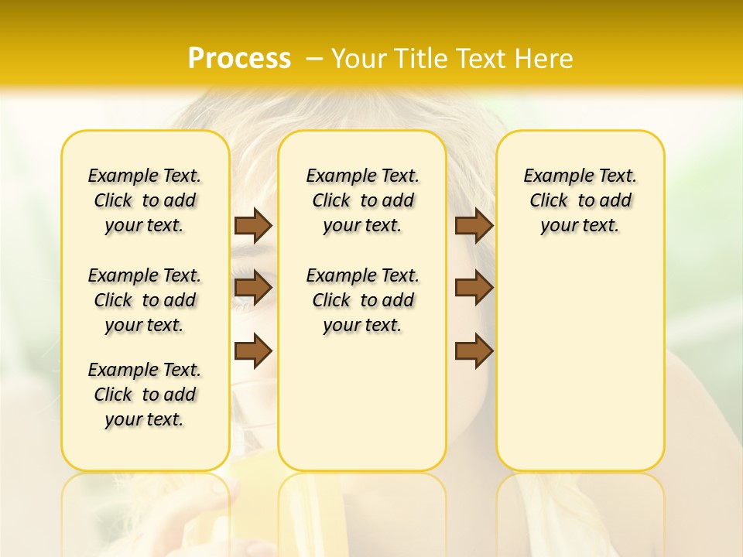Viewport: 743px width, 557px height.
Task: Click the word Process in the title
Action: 239,58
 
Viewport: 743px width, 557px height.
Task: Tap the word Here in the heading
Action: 545,58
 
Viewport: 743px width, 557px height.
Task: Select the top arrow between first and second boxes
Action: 253,225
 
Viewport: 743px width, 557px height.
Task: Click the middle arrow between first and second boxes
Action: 253,288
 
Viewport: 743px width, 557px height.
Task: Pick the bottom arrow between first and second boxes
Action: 253,350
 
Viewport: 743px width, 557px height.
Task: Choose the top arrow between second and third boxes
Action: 474,225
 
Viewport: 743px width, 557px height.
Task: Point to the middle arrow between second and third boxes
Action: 474,288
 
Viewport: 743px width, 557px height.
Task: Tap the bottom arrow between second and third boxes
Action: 474,350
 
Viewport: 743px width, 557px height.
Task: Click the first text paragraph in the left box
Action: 145,200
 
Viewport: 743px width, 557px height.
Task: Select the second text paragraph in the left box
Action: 145,300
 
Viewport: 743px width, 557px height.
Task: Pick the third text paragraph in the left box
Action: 145,395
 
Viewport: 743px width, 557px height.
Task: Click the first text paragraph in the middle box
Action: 363,200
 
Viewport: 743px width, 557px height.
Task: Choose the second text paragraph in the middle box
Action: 363,300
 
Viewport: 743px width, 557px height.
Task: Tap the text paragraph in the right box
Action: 580,200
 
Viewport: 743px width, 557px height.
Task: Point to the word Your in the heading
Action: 358,58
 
